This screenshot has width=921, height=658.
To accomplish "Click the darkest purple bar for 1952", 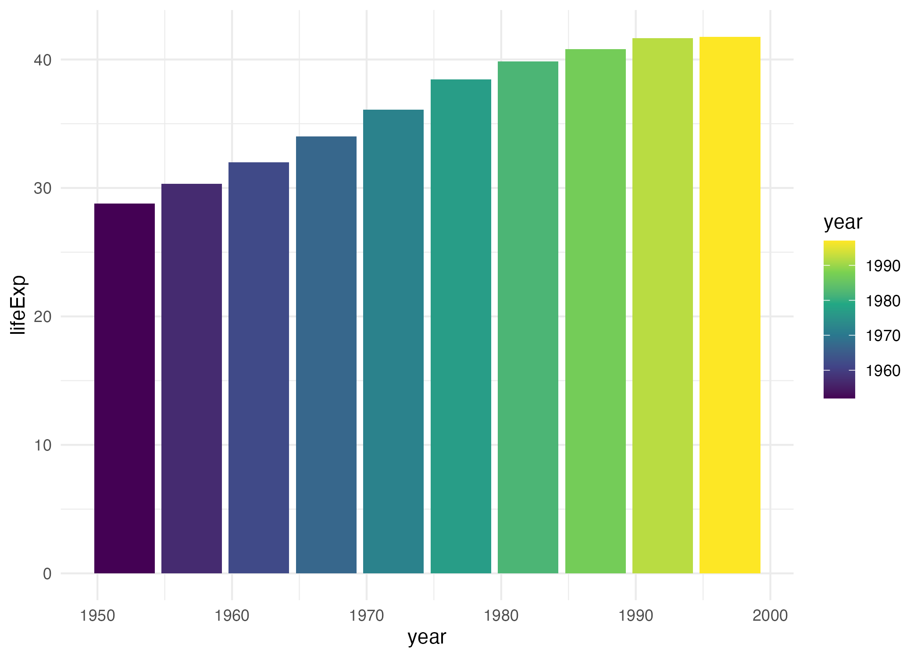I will [125, 388].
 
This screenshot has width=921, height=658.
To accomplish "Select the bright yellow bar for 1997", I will [730, 305].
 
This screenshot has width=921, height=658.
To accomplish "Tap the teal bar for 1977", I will [461, 326].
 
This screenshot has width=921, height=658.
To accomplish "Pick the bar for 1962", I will [259, 368].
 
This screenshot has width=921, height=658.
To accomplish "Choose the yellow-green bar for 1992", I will [663, 306].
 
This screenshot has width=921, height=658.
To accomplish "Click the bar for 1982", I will [528, 317].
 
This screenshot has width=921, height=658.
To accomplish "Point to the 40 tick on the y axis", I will [43, 60].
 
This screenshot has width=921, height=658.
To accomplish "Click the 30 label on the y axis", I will [43, 189].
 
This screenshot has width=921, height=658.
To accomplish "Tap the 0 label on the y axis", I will [47, 574].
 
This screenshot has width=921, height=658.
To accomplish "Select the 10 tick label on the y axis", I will [43, 446].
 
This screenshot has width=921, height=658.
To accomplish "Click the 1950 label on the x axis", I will [97, 616].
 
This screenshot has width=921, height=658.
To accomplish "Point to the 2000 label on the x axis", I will [770, 616].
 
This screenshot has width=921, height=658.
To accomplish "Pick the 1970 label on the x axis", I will [367, 616].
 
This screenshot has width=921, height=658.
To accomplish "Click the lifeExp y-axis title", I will [18, 305].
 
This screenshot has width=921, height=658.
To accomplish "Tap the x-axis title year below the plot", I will [427, 637].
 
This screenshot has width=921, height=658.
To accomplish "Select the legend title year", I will [843, 222].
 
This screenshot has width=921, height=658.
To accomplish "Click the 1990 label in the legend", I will [883, 266].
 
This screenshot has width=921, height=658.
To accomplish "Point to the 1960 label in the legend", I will [883, 371].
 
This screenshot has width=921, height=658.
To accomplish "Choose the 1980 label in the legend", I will [883, 301].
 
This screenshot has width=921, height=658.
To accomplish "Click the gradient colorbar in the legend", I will [839, 319].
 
